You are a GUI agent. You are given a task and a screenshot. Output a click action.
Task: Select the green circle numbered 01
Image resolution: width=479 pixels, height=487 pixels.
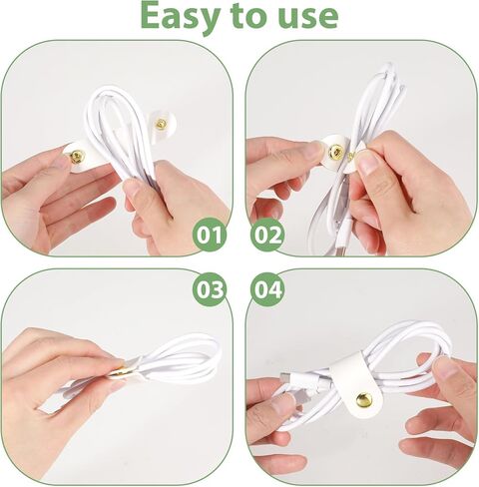click(x=210, y=235)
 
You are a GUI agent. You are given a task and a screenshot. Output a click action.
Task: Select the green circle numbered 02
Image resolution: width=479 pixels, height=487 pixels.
click(x=267, y=235)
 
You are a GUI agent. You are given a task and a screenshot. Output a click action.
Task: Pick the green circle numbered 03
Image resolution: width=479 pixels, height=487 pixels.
click(x=210, y=289)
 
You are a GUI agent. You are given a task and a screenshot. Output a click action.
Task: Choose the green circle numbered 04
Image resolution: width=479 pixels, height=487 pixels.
click(x=267, y=289)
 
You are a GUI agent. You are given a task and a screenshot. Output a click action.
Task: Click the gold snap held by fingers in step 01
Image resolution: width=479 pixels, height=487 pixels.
click(x=78, y=157)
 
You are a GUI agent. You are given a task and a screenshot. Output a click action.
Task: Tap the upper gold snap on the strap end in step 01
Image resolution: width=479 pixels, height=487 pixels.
click(x=162, y=124)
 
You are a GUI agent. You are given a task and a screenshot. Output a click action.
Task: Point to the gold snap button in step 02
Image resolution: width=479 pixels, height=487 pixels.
click(x=335, y=152)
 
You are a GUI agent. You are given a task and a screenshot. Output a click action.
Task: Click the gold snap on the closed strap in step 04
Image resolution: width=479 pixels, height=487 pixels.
click(x=364, y=399)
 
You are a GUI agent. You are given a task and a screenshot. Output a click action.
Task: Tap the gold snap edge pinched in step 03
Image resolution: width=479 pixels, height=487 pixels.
click(x=118, y=371)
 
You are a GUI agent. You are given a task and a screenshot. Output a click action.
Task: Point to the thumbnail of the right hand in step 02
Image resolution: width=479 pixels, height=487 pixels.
click(x=368, y=165)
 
